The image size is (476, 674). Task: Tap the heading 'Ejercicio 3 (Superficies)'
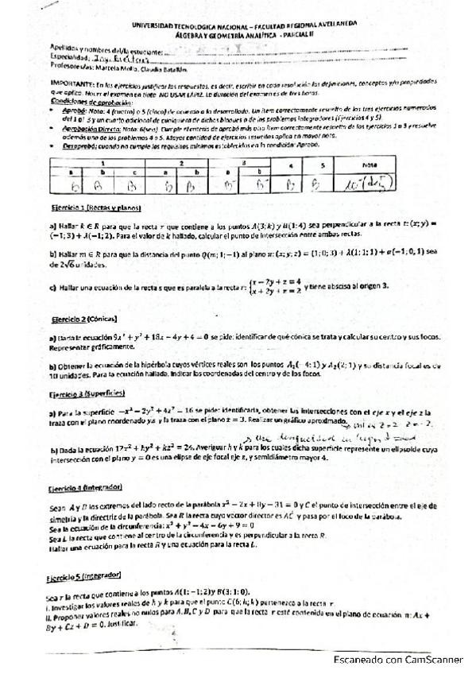click(x=85, y=393)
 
